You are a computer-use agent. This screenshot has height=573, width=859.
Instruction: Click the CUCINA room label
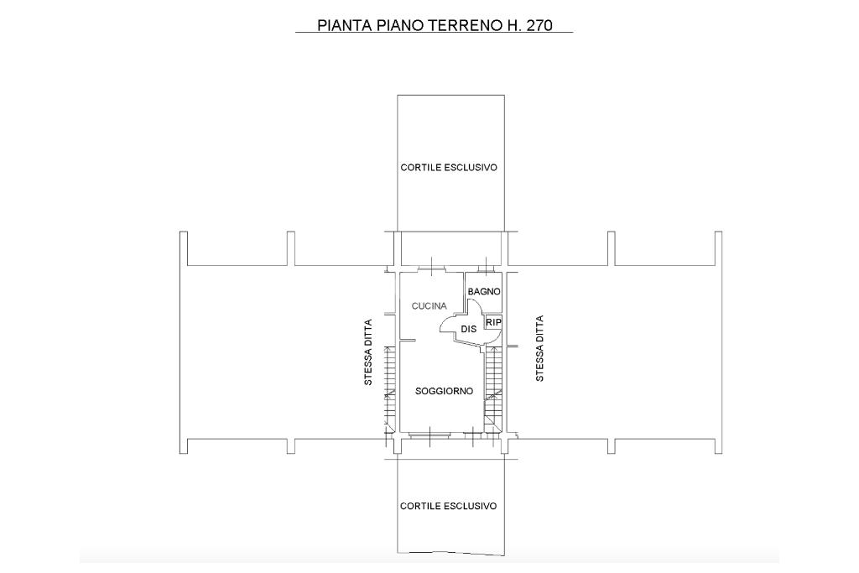point(429,306)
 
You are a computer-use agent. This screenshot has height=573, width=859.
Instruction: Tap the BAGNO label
point(484,291)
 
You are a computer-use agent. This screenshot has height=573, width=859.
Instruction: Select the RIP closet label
point(493,323)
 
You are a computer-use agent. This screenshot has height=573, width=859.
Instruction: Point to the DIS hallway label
point(468,329)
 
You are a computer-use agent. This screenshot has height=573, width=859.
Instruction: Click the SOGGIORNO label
point(444,391)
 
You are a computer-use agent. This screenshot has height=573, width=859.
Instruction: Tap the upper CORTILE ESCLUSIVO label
point(449,168)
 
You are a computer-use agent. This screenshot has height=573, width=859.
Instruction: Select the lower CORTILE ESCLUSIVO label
point(448,506)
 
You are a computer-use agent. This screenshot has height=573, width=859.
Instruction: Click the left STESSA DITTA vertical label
point(368,352)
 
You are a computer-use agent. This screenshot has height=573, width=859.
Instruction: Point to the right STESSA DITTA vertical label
point(539,348)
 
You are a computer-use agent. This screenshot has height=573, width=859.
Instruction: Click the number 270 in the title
point(539,26)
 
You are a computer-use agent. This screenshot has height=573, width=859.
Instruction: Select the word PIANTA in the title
point(344,26)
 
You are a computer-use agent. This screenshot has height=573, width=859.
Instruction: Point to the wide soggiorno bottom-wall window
point(430,435)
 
